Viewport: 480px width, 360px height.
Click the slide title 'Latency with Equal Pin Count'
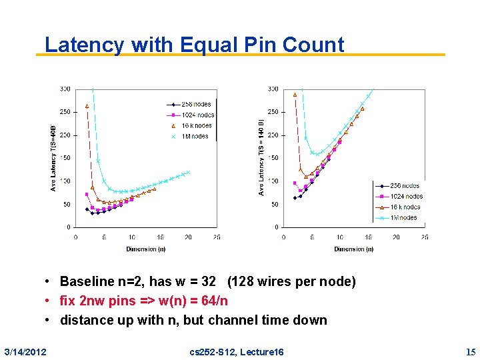(194, 45)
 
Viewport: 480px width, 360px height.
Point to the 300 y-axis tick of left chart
(65, 89)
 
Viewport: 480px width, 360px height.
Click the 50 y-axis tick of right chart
(274, 205)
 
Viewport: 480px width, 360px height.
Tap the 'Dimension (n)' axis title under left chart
(146, 249)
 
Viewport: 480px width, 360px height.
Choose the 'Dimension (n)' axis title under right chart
(354, 249)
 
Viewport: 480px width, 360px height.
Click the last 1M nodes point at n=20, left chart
(188, 172)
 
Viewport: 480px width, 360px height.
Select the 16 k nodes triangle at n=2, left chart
(87, 105)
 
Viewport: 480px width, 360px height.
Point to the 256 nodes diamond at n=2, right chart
(295, 197)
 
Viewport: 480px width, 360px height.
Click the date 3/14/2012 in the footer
(25, 351)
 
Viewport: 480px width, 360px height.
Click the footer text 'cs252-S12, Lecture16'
(237, 351)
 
